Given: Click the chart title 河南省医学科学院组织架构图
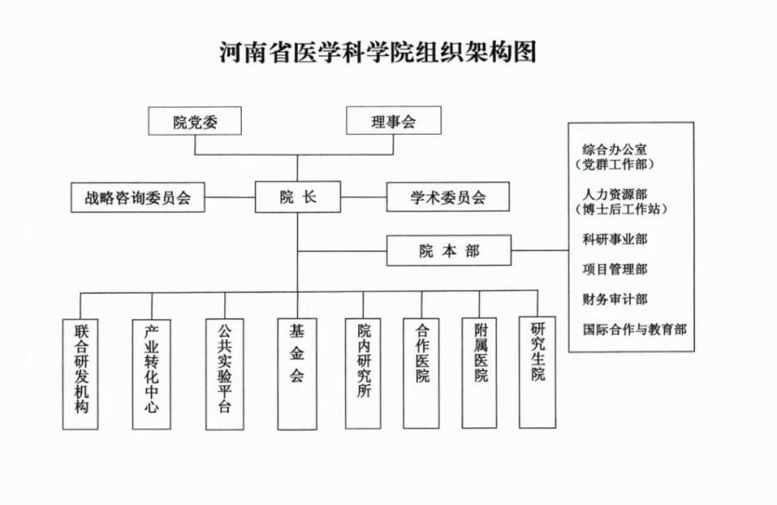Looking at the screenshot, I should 379,51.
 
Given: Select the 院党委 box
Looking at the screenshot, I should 194,122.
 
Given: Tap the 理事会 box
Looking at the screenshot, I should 394,122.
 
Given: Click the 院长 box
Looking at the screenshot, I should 298,198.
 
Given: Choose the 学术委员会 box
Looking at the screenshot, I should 447,198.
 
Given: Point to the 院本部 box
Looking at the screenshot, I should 448,251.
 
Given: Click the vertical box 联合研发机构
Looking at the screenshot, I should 82,373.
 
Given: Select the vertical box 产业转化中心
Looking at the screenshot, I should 152,373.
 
